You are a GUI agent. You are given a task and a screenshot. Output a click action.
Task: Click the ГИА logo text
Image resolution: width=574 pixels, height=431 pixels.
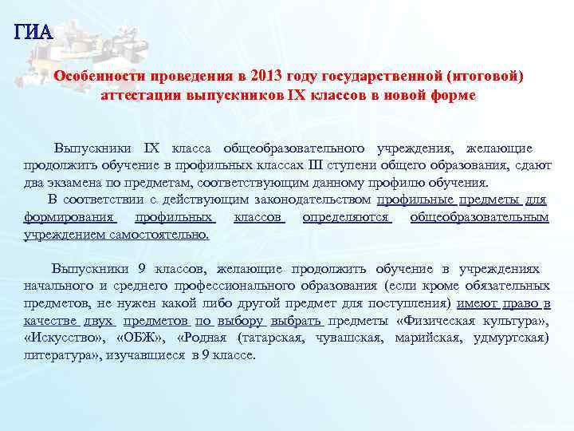click(x=33, y=32)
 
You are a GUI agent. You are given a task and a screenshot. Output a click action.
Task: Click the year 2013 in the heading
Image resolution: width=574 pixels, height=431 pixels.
click(x=265, y=77)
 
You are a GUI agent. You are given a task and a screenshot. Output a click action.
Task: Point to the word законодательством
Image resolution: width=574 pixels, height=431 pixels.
click(x=308, y=200)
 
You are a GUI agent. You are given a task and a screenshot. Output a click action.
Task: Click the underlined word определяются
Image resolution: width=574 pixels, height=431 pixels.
click(x=348, y=217)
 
